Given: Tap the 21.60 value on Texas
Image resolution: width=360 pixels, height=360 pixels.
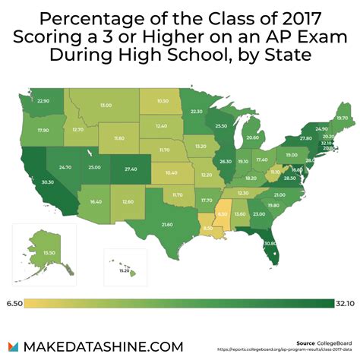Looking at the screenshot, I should click(x=167, y=225).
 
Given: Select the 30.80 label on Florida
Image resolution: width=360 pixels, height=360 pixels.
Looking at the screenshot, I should click(x=269, y=243).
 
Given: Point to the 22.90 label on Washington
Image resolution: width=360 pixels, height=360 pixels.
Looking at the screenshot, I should click(x=43, y=101).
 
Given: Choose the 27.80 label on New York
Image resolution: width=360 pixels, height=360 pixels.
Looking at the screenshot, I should click(x=305, y=139).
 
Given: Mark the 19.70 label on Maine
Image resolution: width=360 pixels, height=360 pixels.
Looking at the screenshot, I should click(x=342, y=118).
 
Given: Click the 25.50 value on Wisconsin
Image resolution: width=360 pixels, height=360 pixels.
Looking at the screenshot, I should click(x=221, y=126).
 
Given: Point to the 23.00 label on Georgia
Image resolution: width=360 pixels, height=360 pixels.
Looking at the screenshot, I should click(x=260, y=214).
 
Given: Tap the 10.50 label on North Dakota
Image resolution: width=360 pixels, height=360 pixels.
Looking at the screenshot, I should click(x=163, y=101).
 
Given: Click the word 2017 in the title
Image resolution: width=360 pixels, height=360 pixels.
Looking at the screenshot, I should click(x=275, y=20).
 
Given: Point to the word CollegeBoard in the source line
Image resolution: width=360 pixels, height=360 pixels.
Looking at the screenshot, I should click(x=336, y=343).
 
